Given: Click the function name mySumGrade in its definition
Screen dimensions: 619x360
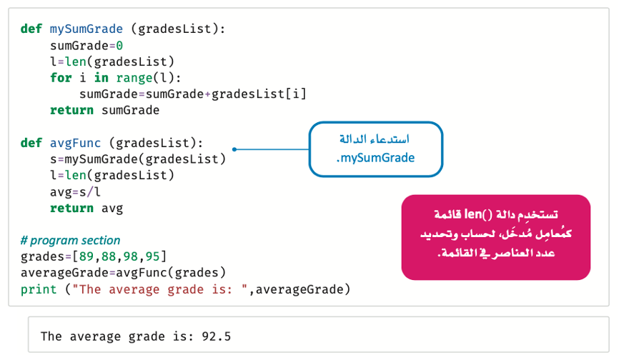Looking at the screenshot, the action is tap(86, 29).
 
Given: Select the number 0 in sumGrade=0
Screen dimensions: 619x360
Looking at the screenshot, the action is tap(119, 46).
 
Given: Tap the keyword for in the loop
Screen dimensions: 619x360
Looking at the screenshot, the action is tap(61, 78).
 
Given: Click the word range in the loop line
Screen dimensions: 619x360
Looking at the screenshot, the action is tap(134, 78).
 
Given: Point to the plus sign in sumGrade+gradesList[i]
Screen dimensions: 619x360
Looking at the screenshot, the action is tap(207, 94).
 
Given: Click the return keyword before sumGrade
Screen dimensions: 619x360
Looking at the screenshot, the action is tap(71, 111).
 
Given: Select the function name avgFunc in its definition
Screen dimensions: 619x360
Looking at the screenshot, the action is tap(75, 143).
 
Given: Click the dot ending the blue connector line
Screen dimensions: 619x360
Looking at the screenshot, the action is tap(234, 149).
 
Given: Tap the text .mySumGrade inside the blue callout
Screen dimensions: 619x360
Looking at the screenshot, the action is tap(375, 158).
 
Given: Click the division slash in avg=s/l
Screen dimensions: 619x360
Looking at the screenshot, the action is tap(89, 192).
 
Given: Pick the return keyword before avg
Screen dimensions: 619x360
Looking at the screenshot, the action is tap(71, 208).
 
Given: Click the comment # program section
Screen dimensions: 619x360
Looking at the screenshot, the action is tap(70, 240).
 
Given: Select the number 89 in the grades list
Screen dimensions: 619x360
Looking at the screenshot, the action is tap(86, 256).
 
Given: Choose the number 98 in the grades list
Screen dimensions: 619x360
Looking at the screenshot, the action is tap(130, 256).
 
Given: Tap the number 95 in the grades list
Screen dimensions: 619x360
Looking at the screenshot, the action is tap(152, 256).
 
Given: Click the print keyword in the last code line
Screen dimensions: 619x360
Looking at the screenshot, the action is tap(39, 290).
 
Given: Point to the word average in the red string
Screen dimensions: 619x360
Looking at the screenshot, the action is tap(134, 290).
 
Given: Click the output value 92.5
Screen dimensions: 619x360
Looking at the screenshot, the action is tap(217, 336).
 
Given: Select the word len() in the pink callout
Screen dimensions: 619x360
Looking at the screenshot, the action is tap(478, 214).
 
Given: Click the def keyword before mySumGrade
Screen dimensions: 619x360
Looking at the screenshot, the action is tap(31, 29).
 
